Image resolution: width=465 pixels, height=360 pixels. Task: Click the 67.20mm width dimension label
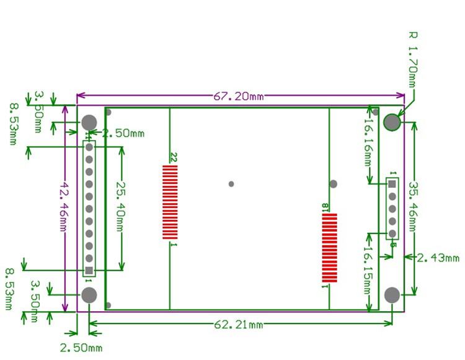coord(239,96)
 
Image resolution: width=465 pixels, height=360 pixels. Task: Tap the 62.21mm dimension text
coord(239,325)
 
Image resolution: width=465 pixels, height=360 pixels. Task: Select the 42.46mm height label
coord(64,206)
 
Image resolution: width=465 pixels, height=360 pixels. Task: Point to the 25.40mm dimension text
coord(121,206)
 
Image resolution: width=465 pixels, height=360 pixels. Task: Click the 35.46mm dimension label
coord(413,206)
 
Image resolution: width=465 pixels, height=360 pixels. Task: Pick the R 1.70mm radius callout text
coord(412,59)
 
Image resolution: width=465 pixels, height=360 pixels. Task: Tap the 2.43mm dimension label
coord(438,258)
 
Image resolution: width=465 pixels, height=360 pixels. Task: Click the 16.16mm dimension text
coord(368,143)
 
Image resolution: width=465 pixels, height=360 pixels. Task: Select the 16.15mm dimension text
coord(368,270)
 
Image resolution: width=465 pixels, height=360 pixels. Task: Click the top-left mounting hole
coord(89,122)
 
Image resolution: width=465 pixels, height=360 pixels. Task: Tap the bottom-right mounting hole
coord(392,295)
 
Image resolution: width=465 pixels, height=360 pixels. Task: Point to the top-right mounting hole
coord(392,122)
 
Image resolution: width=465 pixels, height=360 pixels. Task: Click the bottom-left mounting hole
coord(89,295)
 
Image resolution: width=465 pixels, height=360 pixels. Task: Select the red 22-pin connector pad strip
coord(170,202)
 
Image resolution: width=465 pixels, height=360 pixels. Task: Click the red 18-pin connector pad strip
coord(329,248)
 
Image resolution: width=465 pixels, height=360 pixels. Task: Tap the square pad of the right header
coord(392,184)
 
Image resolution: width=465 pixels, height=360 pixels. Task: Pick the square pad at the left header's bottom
coord(89,270)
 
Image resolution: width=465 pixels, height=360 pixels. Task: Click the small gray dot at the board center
coord(231,184)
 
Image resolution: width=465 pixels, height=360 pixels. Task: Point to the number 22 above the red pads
coord(174,157)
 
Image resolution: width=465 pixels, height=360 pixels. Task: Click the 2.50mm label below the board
coord(81,348)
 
